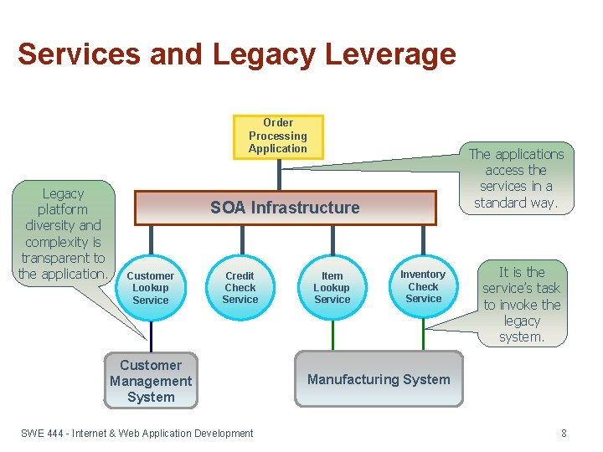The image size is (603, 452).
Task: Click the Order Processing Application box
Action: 278,136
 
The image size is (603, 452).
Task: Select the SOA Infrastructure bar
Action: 286,208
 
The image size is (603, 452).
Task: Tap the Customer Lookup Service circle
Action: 151,288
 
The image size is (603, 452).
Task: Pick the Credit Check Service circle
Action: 240,288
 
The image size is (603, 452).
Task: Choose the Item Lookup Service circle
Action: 332,288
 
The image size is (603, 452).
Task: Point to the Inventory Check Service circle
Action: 423,286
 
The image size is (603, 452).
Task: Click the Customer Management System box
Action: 151,382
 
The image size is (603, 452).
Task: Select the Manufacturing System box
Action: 379,380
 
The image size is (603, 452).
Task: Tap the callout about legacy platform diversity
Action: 64,234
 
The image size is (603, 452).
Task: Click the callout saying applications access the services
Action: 516,178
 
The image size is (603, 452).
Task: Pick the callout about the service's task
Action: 521,305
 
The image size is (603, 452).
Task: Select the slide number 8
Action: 564,434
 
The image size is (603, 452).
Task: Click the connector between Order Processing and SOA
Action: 279,174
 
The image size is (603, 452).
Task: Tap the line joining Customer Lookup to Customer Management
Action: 151,335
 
